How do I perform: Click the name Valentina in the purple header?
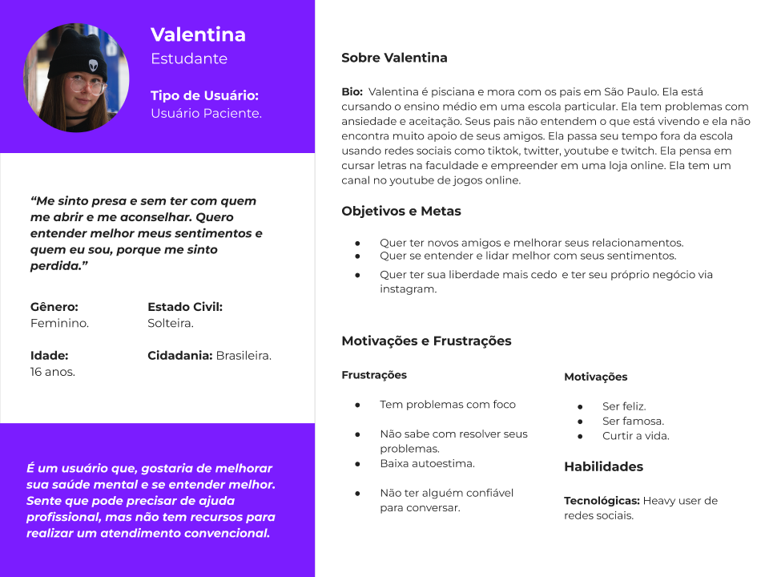click(x=198, y=34)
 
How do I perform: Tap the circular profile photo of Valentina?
click(x=76, y=78)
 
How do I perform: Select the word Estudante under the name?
click(x=189, y=59)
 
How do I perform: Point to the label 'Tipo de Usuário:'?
click(x=204, y=95)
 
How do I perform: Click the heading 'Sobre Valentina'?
click(x=394, y=58)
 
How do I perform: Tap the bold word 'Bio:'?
click(x=352, y=92)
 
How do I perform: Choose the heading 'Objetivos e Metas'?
click(x=401, y=212)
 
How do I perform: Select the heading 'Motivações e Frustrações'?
click(x=426, y=341)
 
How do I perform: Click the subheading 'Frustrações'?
click(x=374, y=375)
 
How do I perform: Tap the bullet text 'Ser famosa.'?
click(x=633, y=422)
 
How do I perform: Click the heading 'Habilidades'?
click(x=603, y=466)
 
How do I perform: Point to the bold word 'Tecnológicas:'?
click(x=602, y=501)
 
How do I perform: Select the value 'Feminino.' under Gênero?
click(x=59, y=323)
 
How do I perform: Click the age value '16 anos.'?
click(x=53, y=371)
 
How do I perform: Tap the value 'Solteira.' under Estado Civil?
click(x=171, y=323)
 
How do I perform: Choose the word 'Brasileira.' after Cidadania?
click(x=244, y=355)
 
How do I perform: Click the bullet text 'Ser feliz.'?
click(x=624, y=406)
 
